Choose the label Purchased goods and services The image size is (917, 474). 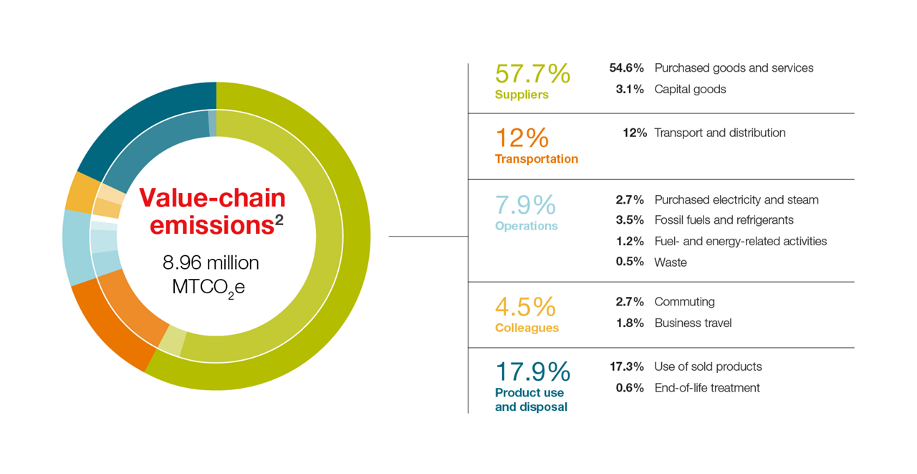(734, 68)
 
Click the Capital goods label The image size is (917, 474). (690, 90)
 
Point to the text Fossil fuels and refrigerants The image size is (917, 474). (724, 220)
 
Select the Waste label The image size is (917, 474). (671, 262)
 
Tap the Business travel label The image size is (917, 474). (693, 323)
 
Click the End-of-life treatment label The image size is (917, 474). (707, 387)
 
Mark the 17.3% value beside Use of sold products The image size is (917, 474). (626, 366)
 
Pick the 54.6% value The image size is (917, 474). (626, 68)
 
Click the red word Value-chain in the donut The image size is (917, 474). (212, 198)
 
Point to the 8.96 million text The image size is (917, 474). (211, 262)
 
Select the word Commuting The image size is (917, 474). (684, 302)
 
